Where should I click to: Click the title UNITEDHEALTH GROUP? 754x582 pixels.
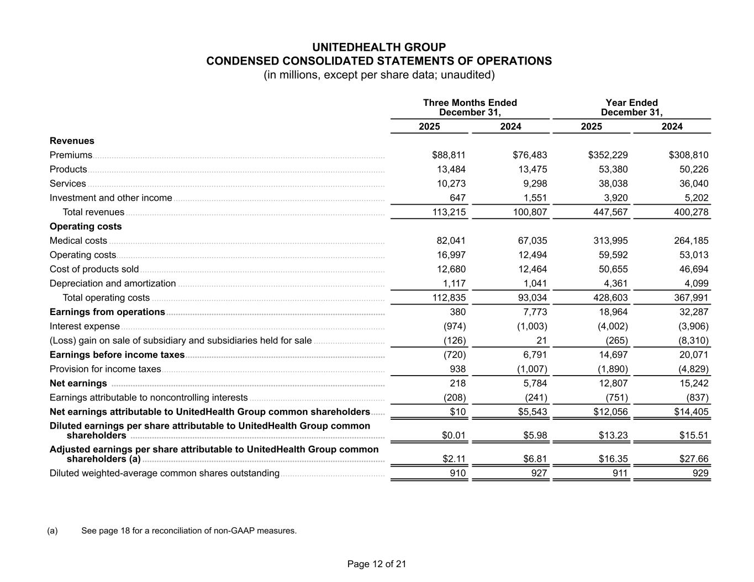click(379, 47)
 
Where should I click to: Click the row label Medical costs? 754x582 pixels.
click(78, 241)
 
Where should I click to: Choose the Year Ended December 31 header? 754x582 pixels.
click(631, 108)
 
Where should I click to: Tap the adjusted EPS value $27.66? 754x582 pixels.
click(694, 459)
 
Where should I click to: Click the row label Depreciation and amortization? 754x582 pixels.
click(113, 283)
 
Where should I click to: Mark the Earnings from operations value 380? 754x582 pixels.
click(457, 312)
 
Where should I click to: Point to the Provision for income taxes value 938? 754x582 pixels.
click(457, 369)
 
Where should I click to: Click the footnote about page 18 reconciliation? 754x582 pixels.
click(189, 531)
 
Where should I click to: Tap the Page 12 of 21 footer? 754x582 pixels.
click(377, 564)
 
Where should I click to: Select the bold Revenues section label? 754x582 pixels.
click(72, 141)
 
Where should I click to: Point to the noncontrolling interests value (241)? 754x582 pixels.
click(535, 397)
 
